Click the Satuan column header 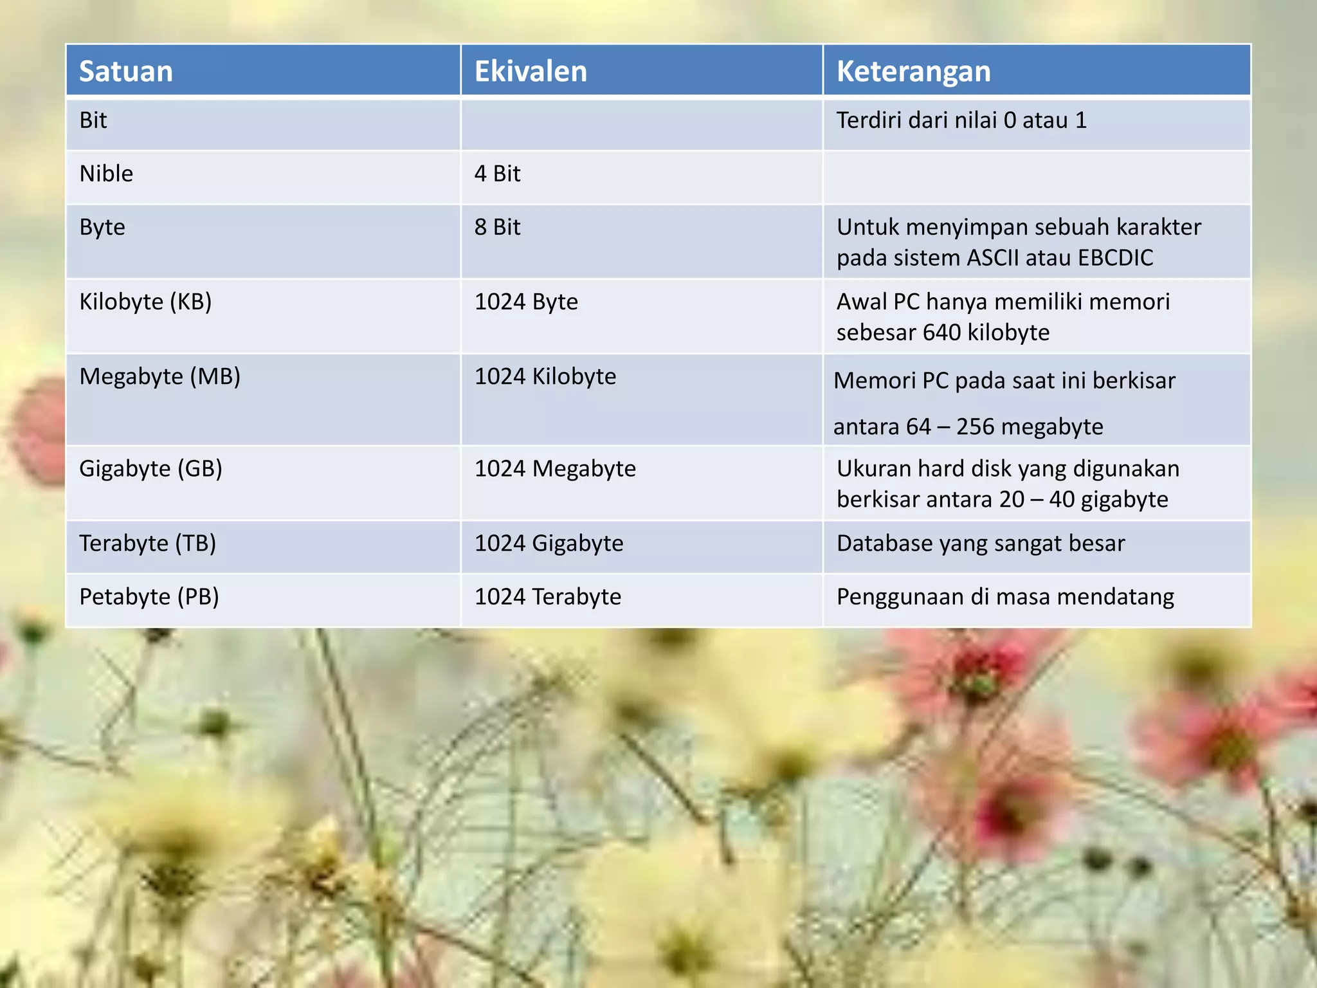click(x=126, y=71)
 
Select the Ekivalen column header click(x=531, y=71)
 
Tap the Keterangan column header click(x=913, y=71)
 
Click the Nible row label click(x=106, y=174)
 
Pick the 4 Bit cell click(x=497, y=174)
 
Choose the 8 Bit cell click(x=497, y=227)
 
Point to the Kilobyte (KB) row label click(x=145, y=302)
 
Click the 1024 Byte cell click(x=526, y=302)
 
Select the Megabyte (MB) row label click(x=159, y=376)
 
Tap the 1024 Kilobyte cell click(x=545, y=376)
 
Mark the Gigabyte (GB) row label click(x=150, y=468)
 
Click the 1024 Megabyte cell click(x=555, y=468)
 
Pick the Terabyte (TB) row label click(x=147, y=544)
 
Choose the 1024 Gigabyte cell click(x=549, y=544)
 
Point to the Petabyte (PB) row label click(x=149, y=597)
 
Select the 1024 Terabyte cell click(x=548, y=597)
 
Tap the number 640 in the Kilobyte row click(x=942, y=333)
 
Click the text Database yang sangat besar click(x=981, y=544)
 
